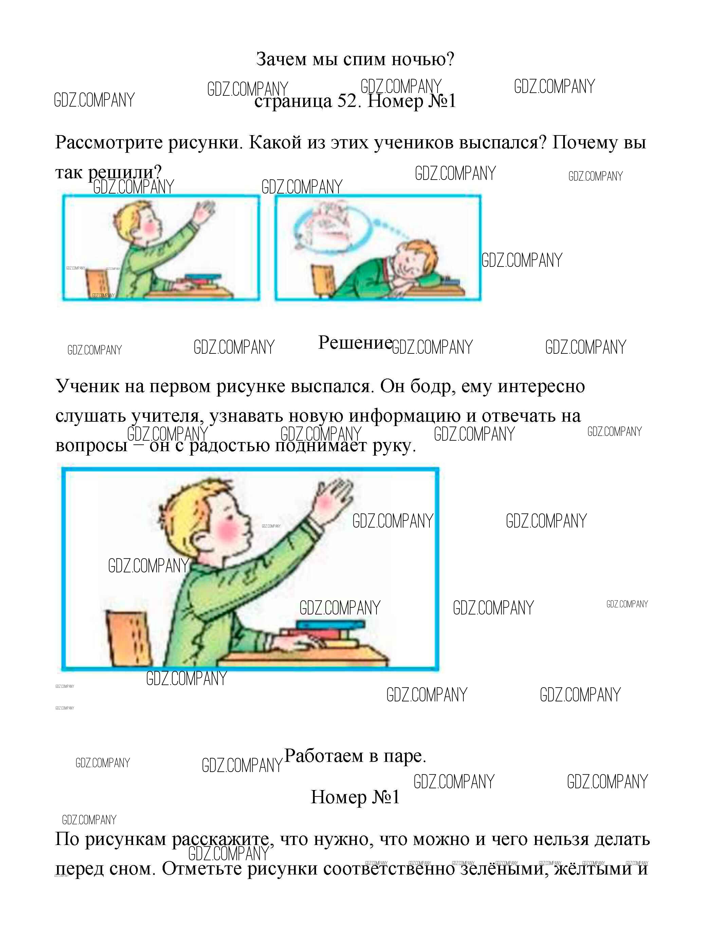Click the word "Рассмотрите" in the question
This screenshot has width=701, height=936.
point(109,143)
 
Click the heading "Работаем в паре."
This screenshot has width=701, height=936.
point(355,756)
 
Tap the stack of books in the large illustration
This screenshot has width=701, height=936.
point(324,632)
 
